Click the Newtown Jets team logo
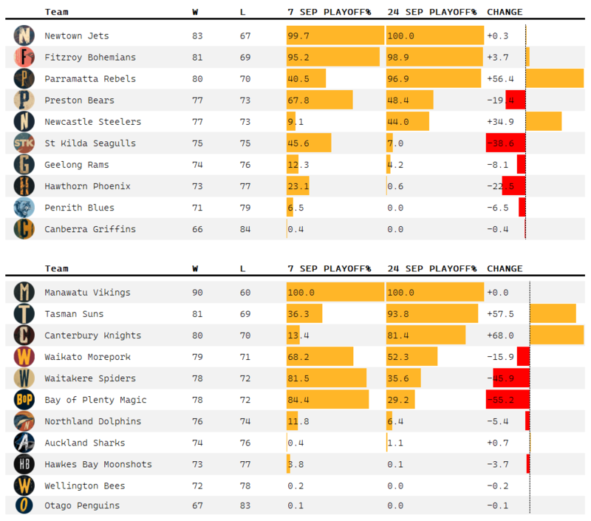tap(24, 35)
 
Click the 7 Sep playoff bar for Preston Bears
tap(319, 100)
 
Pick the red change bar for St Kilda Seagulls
tap(505, 143)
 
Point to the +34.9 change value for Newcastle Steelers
tap(500, 121)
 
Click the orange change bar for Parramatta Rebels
tap(554, 78)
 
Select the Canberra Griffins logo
tap(24, 229)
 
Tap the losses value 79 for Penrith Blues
tap(245, 208)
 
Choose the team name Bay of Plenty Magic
tap(95, 400)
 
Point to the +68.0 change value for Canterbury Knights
tap(500, 336)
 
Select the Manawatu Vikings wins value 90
tap(198, 293)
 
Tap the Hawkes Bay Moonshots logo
tap(24, 464)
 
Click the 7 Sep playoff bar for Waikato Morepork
tap(320, 357)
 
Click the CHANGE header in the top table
tap(505, 12)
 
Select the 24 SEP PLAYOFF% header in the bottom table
tap(431, 268)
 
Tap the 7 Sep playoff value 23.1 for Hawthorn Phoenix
tap(298, 186)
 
